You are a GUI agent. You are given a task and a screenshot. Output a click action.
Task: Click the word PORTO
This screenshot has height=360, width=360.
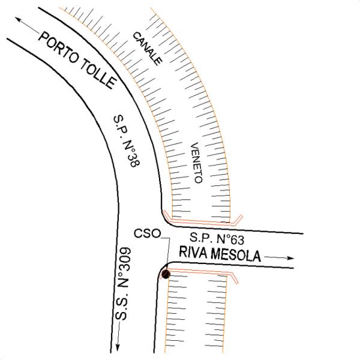(x=59, y=48)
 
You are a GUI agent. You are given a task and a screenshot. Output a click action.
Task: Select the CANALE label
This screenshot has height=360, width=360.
(x=148, y=49)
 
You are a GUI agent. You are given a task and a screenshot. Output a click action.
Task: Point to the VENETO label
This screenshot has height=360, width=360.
(x=197, y=163)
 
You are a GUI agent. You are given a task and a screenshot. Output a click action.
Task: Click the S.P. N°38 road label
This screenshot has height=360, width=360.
(x=127, y=141)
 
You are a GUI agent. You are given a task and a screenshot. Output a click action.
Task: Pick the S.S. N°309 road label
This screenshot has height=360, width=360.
(x=123, y=283)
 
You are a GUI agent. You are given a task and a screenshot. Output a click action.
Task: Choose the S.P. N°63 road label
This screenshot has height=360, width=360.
(x=217, y=239)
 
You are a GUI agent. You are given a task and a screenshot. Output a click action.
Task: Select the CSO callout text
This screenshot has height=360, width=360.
(x=148, y=234)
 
